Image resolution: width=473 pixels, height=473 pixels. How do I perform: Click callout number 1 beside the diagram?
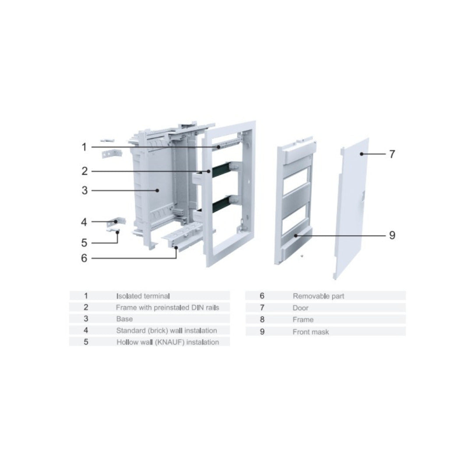pos(84,147)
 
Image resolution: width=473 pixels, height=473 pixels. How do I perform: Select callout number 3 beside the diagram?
pos(85,191)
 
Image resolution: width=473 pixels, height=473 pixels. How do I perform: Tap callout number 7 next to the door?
pos(392,154)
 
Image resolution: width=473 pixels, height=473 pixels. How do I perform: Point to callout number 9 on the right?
pos(392,235)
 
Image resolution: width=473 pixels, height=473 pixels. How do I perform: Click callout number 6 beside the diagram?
pos(84,258)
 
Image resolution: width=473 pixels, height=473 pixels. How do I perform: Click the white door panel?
pos(351,208)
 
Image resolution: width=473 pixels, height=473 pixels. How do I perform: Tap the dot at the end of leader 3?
pos(157,191)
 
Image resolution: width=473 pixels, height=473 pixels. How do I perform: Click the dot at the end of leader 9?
pos(296,235)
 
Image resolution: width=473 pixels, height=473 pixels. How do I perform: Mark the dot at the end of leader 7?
pos(361,154)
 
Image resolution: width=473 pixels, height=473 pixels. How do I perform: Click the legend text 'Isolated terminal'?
pos(143,296)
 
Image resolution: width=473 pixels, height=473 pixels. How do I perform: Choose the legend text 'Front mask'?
pos(311,332)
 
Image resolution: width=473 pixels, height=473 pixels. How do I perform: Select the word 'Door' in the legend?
pos(300,308)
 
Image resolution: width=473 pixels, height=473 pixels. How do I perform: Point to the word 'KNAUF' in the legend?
pos(170,342)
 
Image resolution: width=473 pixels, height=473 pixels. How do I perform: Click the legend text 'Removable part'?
pos(318,296)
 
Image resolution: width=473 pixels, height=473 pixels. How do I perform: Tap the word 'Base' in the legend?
pos(124,319)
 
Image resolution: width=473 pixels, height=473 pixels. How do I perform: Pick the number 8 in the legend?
pos(262,319)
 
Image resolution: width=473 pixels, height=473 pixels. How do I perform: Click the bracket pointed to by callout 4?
pos(116,222)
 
